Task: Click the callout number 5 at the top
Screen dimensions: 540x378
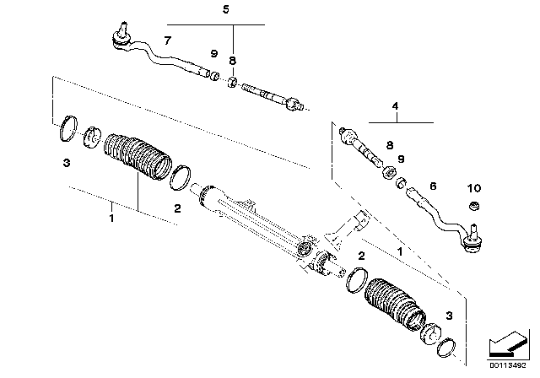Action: [x=225, y=9]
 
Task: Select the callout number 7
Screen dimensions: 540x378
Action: [x=167, y=40]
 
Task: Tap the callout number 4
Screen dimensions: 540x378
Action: [x=395, y=106]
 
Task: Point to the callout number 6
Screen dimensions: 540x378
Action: [x=433, y=186]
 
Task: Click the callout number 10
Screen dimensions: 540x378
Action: [x=474, y=188]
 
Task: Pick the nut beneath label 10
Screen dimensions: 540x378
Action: [x=474, y=206]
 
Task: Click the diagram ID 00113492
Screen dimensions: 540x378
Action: [x=508, y=365]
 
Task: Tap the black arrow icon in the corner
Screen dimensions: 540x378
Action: [x=507, y=345]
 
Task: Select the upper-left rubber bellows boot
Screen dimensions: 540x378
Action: [x=138, y=157]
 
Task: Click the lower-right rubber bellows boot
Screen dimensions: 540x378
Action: [x=395, y=304]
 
